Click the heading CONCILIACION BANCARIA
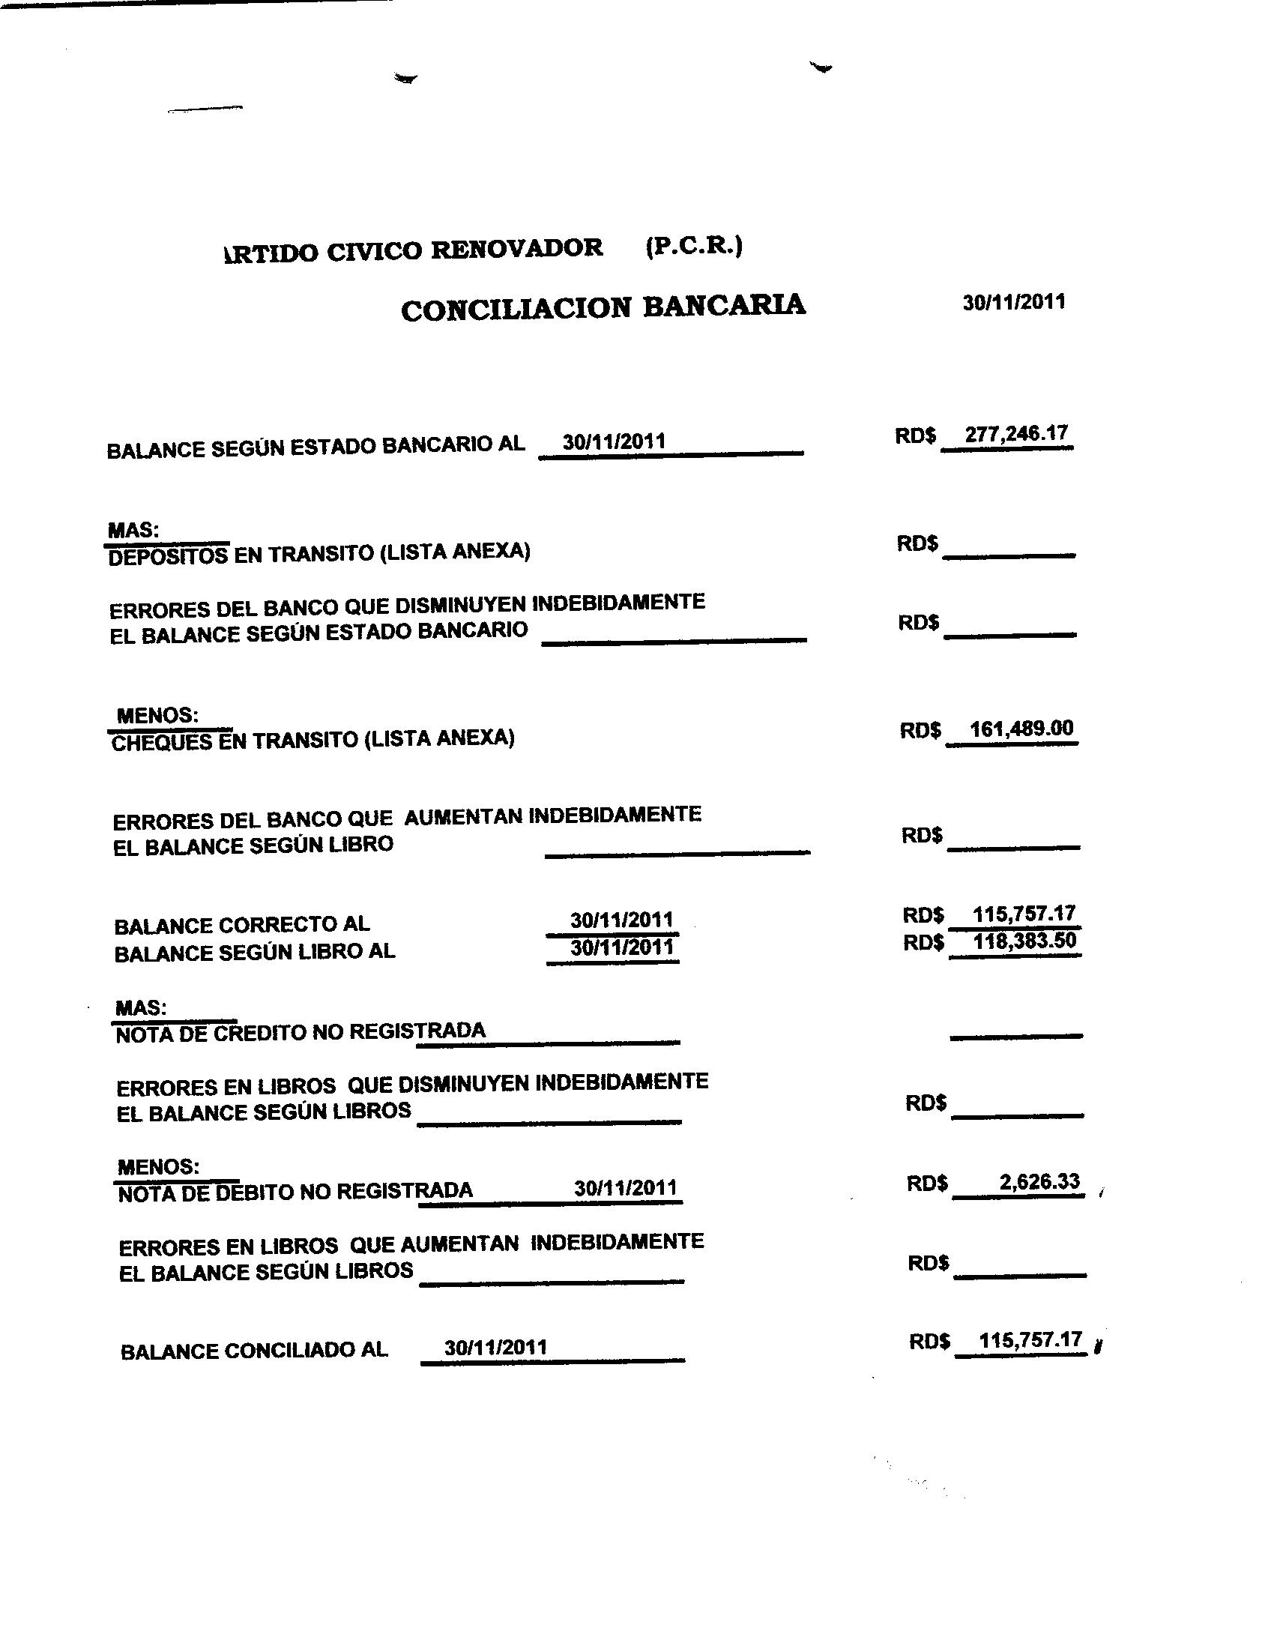(x=603, y=307)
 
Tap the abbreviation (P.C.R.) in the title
(x=694, y=246)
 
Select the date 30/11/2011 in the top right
(x=1014, y=302)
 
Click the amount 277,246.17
(x=1016, y=433)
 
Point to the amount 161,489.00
(x=1021, y=729)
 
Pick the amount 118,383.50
(x=1024, y=941)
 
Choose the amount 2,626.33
(x=1039, y=1181)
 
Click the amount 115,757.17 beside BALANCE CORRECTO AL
(x=1024, y=914)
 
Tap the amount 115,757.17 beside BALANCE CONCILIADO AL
(x=1030, y=1340)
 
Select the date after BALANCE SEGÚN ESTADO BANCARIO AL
(x=614, y=441)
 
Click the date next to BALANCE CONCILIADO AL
(x=495, y=1347)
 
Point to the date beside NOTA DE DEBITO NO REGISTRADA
(x=625, y=1188)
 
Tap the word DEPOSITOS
(x=168, y=556)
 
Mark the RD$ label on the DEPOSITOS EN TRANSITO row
(x=917, y=543)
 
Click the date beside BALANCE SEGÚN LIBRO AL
(x=621, y=947)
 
